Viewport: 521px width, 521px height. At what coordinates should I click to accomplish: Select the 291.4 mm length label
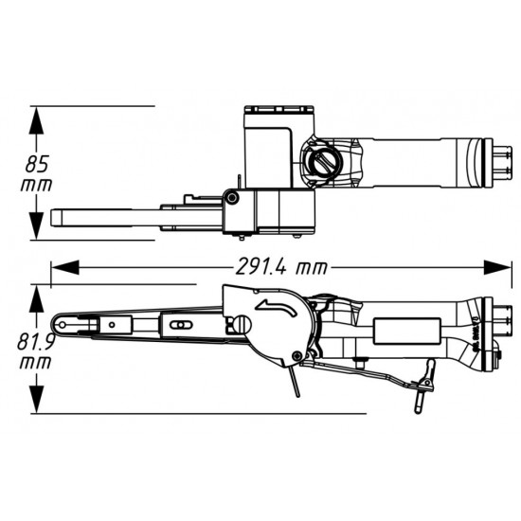click(x=276, y=268)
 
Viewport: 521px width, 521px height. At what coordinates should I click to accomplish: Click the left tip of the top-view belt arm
click(x=59, y=217)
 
